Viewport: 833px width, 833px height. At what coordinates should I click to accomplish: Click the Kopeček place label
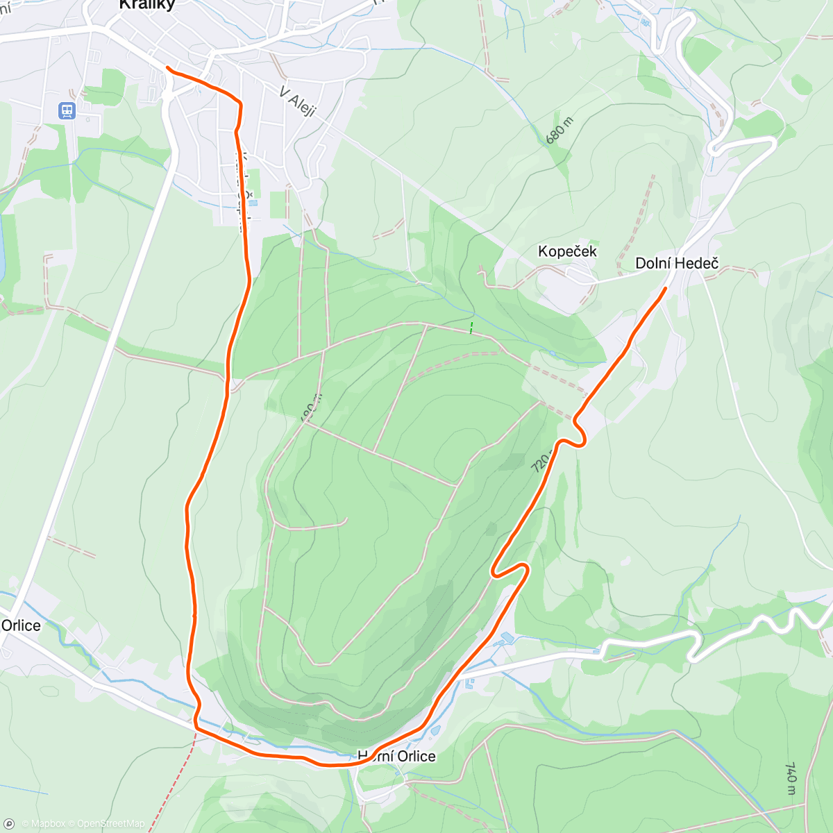567,251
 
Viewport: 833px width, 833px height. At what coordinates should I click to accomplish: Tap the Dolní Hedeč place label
677,264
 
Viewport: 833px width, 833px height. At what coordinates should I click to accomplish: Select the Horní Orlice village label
396,756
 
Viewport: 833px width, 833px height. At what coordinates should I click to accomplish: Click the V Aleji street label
298,102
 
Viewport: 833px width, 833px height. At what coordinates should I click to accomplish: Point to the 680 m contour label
559,131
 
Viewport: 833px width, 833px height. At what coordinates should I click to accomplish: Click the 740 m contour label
791,778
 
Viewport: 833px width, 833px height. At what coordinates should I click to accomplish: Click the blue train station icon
67,110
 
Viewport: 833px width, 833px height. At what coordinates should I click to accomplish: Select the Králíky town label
147,6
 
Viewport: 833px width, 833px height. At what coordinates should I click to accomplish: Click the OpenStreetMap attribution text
110,824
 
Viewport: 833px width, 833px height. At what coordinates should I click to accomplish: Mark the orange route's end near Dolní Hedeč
666,288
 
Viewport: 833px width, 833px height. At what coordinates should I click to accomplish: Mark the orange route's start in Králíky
167,67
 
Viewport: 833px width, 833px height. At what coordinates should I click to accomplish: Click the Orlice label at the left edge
21,625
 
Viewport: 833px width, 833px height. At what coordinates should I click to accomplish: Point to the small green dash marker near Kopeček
472,327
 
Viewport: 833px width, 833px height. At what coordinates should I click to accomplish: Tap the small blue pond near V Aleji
253,203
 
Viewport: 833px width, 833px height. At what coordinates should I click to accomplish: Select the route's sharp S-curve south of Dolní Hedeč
576,435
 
